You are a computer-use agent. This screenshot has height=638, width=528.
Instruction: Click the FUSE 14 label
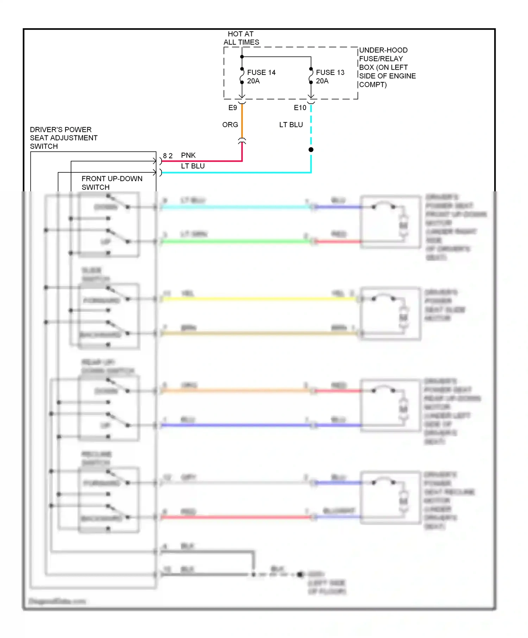pyautogui.click(x=261, y=72)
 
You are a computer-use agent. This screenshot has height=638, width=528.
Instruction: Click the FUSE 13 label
pyautogui.click(x=330, y=72)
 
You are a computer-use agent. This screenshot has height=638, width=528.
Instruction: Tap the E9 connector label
pyautogui.click(x=233, y=108)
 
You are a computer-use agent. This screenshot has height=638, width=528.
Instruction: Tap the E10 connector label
pyautogui.click(x=300, y=108)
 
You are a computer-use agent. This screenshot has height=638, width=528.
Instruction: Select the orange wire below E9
pyautogui.click(x=242, y=121)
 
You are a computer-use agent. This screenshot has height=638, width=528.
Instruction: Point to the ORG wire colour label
pyautogui.click(x=230, y=125)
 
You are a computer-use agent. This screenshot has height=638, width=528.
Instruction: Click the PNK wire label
pyautogui.click(x=188, y=155)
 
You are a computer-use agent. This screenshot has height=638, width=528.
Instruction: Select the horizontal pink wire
pyautogui.click(x=201, y=161)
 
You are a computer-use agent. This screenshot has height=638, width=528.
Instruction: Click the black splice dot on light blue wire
pyautogui.click(x=311, y=149)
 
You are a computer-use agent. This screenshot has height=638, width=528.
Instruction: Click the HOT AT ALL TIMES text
pyautogui.click(x=241, y=38)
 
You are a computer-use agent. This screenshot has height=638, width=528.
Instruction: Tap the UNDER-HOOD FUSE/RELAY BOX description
pyautogui.click(x=387, y=67)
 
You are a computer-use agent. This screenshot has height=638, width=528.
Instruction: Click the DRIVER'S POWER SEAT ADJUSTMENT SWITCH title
pyautogui.click(x=63, y=138)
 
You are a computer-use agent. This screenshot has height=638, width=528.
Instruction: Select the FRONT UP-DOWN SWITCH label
pyautogui.click(x=112, y=183)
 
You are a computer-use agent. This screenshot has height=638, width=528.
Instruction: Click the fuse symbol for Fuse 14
pyautogui.click(x=242, y=75)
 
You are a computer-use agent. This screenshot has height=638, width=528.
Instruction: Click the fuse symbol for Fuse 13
pyautogui.click(x=311, y=75)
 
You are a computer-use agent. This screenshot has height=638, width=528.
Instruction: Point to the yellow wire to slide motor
pyautogui.click(x=257, y=299)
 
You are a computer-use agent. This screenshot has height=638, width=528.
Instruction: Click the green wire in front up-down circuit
pyautogui.click(x=236, y=241)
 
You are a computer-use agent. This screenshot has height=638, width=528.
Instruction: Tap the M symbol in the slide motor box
pyautogui.click(x=403, y=317)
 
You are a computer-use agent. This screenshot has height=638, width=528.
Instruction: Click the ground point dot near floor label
pyautogui.click(x=300, y=574)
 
